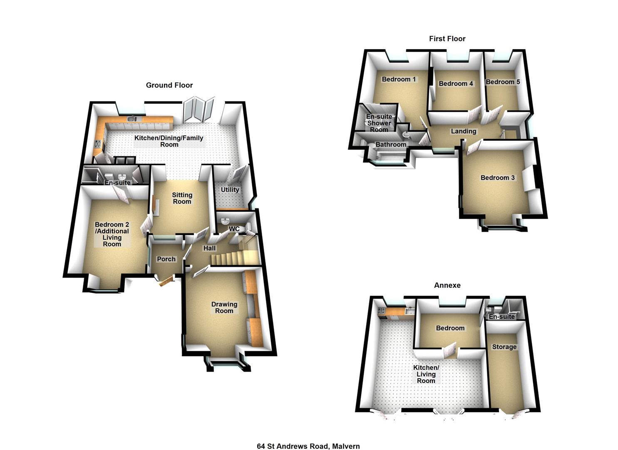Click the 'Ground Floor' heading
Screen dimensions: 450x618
[169, 85]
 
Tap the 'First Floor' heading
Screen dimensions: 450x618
[447, 39]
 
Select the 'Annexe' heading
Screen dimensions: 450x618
[447, 285]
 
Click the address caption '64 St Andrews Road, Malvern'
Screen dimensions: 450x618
[308, 446]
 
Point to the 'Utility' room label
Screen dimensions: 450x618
[230, 190]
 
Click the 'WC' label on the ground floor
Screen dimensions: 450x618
[234, 229]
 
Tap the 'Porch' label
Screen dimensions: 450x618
[166, 259]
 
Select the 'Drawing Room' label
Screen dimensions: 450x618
[224, 307]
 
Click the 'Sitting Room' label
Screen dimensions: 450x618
[182, 198]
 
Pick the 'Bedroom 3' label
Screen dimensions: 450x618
[497, 178]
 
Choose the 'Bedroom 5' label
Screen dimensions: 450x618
[503, 82]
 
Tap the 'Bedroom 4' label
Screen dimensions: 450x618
[456, 84]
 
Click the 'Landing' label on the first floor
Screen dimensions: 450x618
[463, 131]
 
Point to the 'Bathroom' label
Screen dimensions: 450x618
[390, 145]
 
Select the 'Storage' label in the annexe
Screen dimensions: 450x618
[504, 347]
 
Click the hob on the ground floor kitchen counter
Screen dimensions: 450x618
[98, 144]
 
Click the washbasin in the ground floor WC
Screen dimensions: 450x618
[225, 220]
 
